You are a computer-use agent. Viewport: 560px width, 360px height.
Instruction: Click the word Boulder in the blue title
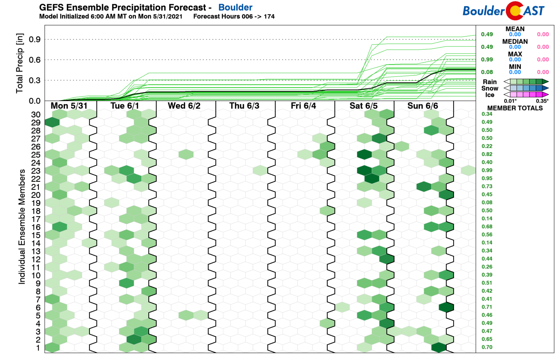tap(235, 7)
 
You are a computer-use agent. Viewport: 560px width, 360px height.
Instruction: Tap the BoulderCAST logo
tap(503, 11)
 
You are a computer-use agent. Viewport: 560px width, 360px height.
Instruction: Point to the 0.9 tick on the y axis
tap(35, 39)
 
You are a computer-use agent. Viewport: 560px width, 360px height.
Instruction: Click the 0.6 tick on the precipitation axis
tap(35, 60)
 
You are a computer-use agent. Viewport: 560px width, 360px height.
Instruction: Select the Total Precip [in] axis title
tap(20, 63)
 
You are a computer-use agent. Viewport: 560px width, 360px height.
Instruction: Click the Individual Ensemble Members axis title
tap(22, 227)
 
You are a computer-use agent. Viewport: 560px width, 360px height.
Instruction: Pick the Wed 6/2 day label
tap(184, 106)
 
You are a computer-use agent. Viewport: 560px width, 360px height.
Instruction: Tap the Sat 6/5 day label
tap(363, 106)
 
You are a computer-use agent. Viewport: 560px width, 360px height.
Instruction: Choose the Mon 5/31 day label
tap(69, 106)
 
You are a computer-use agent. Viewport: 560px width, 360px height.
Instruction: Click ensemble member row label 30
tap(36, 114)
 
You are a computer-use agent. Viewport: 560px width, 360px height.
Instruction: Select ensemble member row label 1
tap(38, 348)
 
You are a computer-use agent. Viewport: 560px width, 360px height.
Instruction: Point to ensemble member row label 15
tap(36, 235)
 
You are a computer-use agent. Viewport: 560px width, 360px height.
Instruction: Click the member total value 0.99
tap(487, 170)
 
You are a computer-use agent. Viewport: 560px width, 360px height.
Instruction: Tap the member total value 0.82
tap(487, 154)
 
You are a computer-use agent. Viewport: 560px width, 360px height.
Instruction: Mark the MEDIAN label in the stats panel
tap(515, 41)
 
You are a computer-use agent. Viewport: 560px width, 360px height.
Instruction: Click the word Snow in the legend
tap(489, 88)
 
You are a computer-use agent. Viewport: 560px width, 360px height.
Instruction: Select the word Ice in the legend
tap(489, 95)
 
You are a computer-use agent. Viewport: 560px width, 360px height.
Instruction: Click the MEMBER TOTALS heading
tap(515, 108)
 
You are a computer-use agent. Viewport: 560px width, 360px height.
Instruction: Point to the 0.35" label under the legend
tap(542, 101)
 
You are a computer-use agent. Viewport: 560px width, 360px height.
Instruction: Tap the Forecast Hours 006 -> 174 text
tap(234, 17)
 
